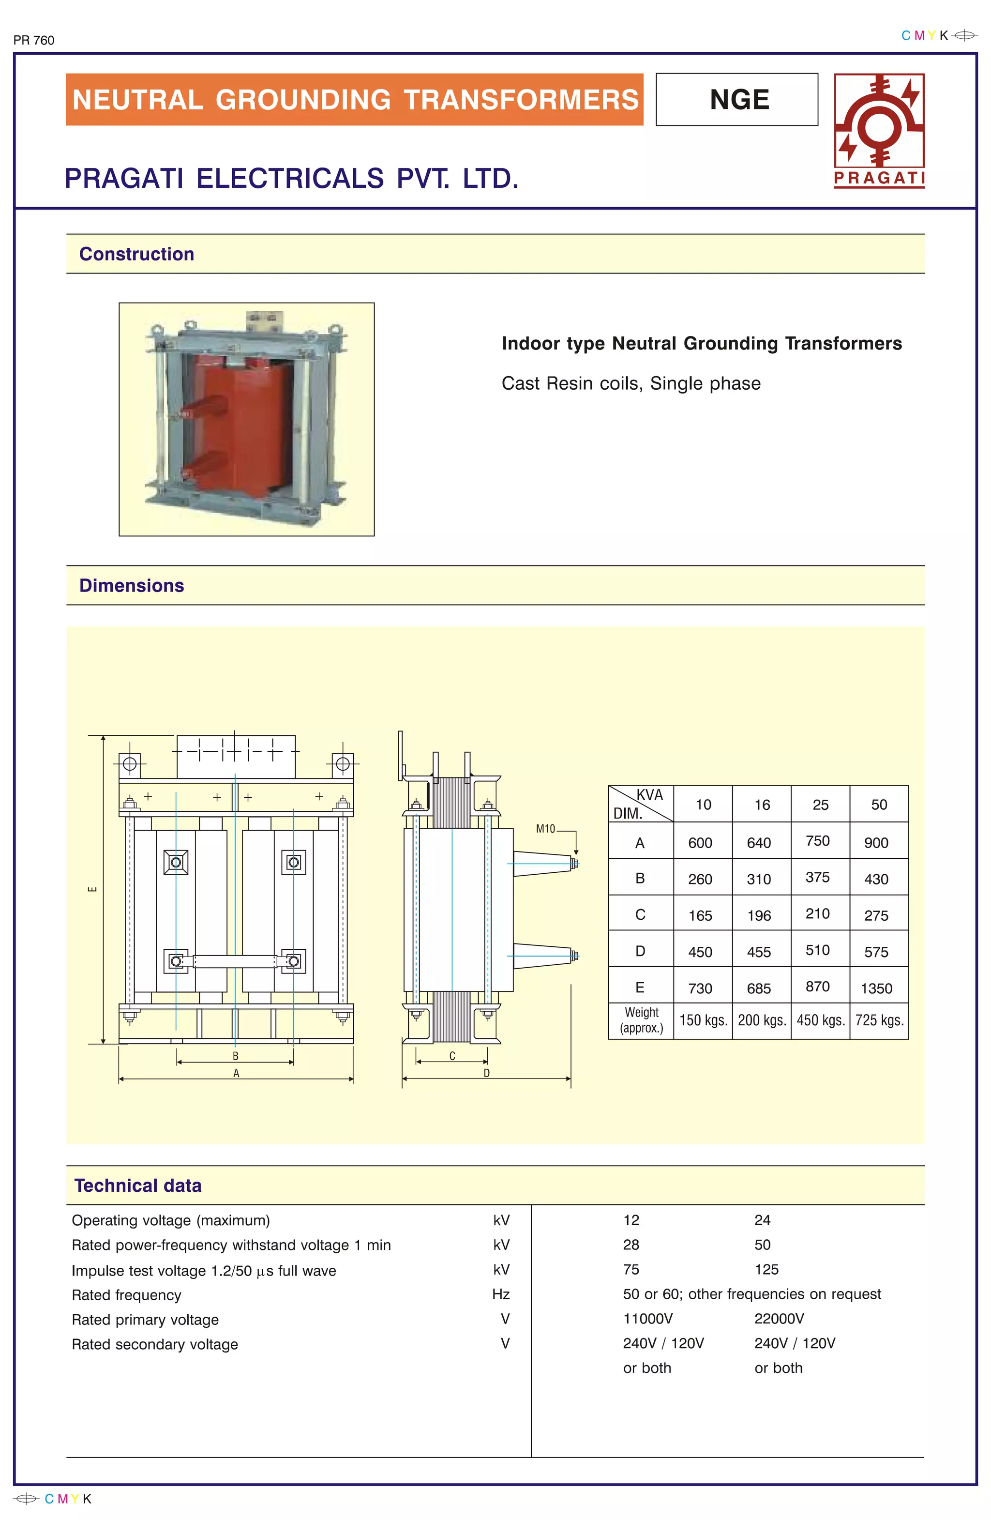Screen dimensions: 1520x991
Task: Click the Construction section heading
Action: tap(136, 254)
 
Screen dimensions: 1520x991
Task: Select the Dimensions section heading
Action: tap(132, 586)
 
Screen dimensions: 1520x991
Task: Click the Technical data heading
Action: tap(138, 1186)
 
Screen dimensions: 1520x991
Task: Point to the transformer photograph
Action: tap(246, 419)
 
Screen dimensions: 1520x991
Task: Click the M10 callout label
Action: tap(545, 829)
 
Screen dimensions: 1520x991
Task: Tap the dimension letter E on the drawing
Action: tap(92, 889)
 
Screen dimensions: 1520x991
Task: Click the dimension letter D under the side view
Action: tap(487, 1073)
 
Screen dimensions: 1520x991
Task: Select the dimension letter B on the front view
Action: tap(235, 1056)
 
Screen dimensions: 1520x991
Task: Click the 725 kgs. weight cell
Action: tap(879, 1020)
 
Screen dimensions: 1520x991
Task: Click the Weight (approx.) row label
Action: tap(641, 1020)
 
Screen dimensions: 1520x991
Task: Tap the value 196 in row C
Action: tap(759, 916)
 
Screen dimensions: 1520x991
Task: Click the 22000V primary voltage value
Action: tap(779, 1319)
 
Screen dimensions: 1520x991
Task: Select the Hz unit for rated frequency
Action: tap(501, 1294)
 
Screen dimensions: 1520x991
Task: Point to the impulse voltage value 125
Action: tap(766, 1269)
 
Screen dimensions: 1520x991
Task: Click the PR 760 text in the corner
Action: tap(34, 40)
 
